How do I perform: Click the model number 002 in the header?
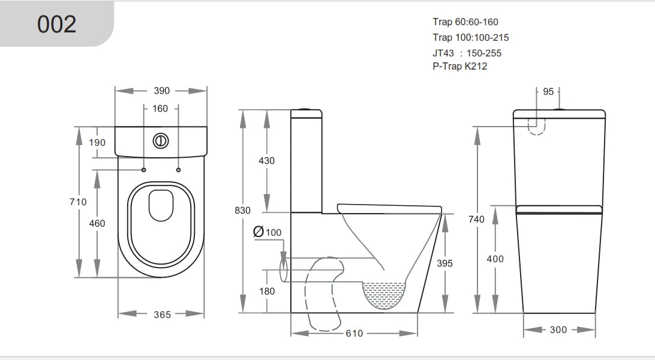click(x=57, y=24)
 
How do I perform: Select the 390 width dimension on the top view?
click(x=161, y=91)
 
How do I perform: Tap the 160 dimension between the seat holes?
click(x=161, y=109)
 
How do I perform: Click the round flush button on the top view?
click(x=161, y=141)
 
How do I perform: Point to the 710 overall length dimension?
click(x=78, y=202)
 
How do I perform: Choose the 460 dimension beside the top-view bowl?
click(x=97, y=223)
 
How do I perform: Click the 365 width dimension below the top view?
click(x=162, y=314)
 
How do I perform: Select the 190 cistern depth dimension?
click(x=97, y=142)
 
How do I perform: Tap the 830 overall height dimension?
click(x=242, y=211)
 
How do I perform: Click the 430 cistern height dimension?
click(x=266, y=161)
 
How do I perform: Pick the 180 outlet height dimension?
click(x=266, y=291)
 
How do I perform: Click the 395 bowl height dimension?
click(x=444, y=263)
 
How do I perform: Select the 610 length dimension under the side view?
click(x=354, y=333)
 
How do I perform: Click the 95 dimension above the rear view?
click(x=548, y=91)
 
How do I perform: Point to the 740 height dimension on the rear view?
click(x=476, y=220)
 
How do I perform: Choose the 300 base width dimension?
click(x=558, y=330)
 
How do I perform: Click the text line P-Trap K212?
click(x=459, y=67)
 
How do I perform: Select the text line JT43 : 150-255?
click(x=467, y=53)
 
